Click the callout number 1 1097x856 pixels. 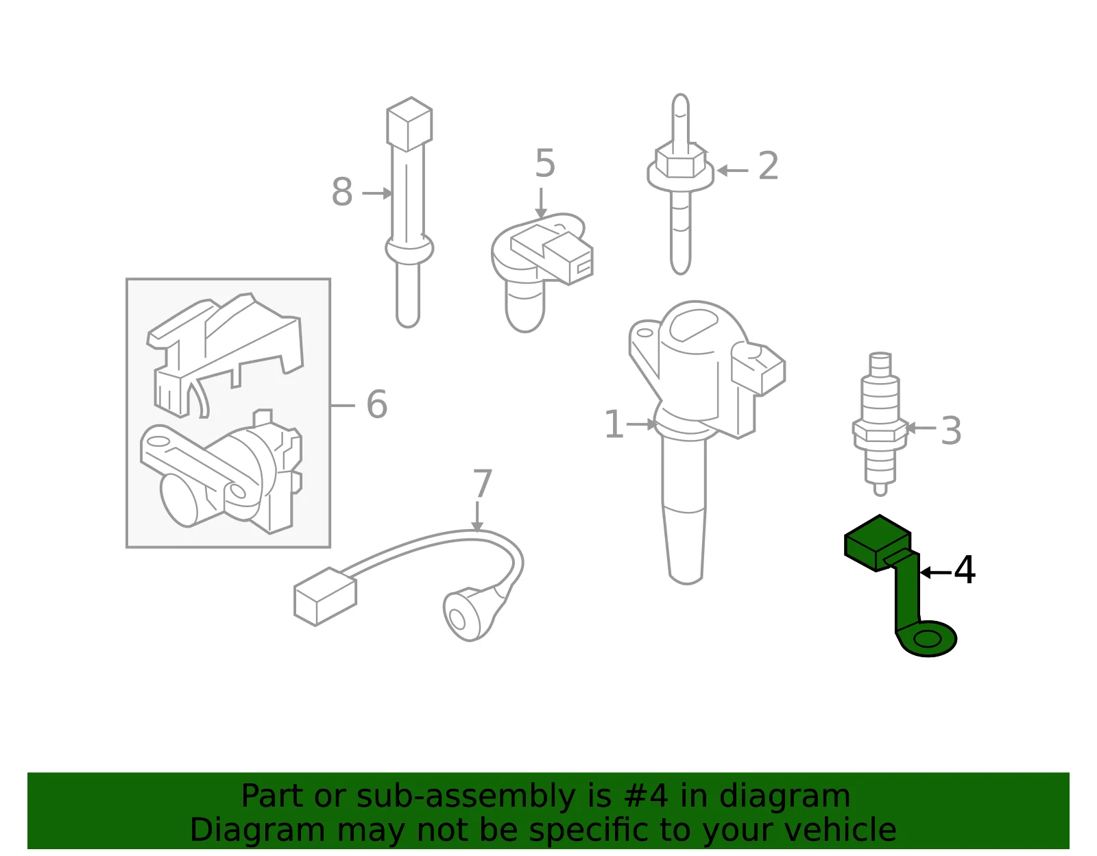point(614,424)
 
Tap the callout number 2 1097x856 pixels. point(769,165)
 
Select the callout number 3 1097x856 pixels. point(951,431)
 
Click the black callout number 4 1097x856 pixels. point(964,570)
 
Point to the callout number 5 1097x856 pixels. point(545,163)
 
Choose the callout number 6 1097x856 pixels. point(376,404)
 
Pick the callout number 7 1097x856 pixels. point(482,484)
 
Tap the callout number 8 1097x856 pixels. point(341,192)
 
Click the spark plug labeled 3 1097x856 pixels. point(880,424)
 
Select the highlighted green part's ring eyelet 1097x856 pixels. point(928,639)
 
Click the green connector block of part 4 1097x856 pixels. point(878,543)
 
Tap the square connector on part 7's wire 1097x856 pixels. point(325,597)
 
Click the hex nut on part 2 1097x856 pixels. point(680,160)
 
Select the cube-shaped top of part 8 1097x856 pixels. point(409,124)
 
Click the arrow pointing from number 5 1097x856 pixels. point(541,203)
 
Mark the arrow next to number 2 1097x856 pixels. point(732,171)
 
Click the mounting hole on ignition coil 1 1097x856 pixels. point(644,332)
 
